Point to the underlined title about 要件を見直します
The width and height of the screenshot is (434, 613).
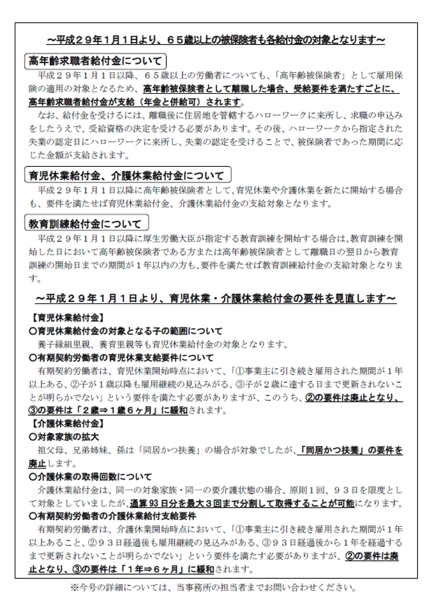tap(216, 298)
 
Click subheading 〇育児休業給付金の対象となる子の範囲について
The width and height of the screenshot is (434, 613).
tap(126, 331)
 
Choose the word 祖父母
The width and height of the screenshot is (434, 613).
tap(52, 450)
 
